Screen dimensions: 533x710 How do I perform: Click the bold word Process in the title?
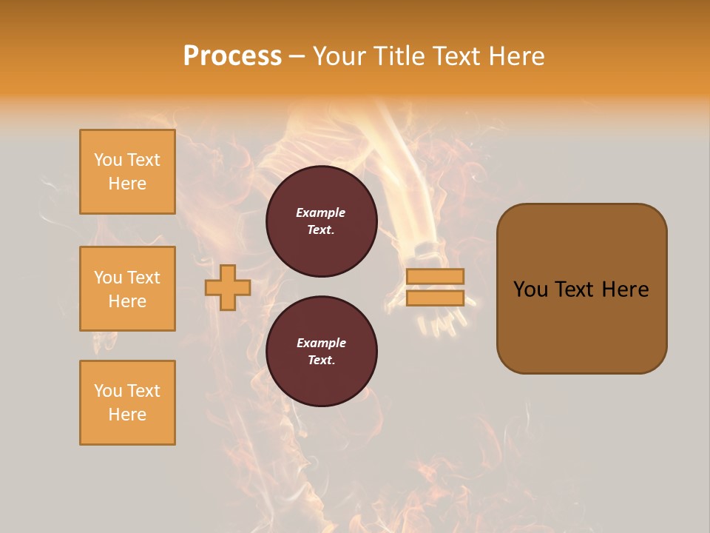232,56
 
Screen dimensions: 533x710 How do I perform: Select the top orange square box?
127,172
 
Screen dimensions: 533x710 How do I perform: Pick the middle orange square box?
127,289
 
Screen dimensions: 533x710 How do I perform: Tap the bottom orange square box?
127,403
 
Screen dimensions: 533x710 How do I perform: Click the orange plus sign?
228,288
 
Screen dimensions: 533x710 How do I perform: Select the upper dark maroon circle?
321,221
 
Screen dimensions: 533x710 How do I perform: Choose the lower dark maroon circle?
321,352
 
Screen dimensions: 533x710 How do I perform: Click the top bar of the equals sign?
435,276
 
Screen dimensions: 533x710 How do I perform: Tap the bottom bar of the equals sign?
435,298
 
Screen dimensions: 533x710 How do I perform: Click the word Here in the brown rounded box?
625,289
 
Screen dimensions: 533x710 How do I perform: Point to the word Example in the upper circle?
320,213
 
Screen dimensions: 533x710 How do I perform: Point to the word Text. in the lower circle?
321,361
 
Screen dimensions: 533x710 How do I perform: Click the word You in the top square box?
108,160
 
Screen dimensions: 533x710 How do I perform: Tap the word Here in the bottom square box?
127,415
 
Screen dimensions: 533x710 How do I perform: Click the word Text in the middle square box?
143,278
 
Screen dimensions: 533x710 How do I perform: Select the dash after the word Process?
297,56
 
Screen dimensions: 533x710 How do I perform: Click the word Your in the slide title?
339,56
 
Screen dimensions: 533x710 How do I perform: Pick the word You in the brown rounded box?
530,289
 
